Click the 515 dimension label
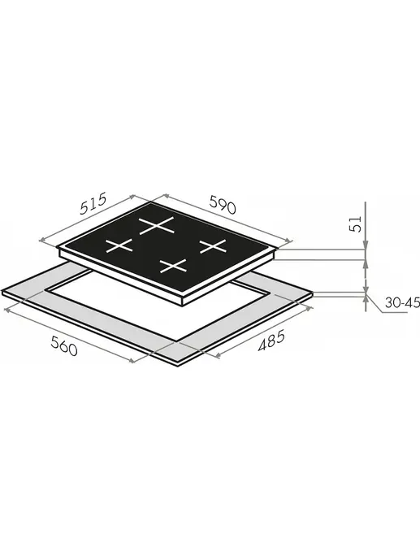[x=93, y=204]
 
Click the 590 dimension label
[x=223, y=205]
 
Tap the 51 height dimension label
[x=356, y=224]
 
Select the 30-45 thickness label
[x=402, y=303]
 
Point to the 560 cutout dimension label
[x=64, y=346]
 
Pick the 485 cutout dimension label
[x=271, y=341]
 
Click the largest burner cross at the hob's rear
[x=157, y=226]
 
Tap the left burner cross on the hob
[x=119, y=245]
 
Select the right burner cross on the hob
[x=213, y=246]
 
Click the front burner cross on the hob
[x=173, y=266]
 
